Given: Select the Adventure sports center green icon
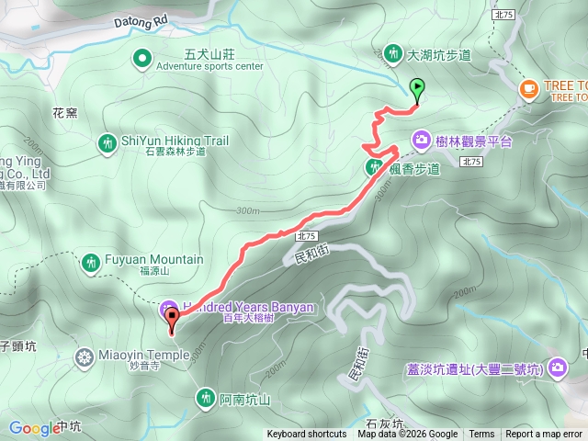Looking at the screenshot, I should tap(142, 60).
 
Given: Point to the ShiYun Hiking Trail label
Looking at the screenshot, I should tap(175, 141).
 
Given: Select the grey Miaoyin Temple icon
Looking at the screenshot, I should tap(85, 356).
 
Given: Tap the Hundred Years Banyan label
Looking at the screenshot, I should tap(248, 307).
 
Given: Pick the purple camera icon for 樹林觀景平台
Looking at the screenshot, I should tap(421, 140).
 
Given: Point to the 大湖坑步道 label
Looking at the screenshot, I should tap(439, 55).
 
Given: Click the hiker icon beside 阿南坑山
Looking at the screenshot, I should tap(205, 397).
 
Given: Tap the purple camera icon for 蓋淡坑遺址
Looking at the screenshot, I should tap(557, 369).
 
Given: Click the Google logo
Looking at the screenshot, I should tap(34, 428).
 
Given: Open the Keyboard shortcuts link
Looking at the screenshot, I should tap(307, 435).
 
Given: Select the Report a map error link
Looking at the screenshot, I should tap(544, 435).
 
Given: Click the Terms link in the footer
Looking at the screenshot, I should tap(481, 435).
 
